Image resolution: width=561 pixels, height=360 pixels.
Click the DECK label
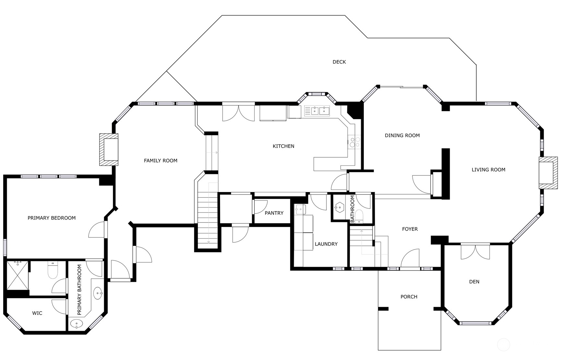tap(339, 62)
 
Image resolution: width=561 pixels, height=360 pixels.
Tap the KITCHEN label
tap(283, 146)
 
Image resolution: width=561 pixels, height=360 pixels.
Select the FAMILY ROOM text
tap(161, 161)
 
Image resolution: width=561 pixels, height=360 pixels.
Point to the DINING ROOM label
tap(402, 136)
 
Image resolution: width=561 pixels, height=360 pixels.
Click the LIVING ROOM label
tap(488, 170)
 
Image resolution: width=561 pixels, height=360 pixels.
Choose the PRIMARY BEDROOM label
tap(52, 218)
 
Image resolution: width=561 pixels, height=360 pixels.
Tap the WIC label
tap(37, 313)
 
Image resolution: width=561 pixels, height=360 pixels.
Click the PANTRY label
tap(274, 213)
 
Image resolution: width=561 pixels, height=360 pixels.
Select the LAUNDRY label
tap(326, 244)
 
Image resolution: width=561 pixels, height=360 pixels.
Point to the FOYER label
tap(410, 229)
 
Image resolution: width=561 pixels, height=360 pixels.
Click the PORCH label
tap(409, 297)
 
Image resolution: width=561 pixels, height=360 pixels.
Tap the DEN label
tap(474, 282)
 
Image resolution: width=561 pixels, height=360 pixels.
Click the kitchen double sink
tap(319, 111)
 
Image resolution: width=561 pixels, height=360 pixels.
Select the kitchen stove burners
tap(354, 142)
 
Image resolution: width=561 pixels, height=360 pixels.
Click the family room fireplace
tap(109, 150)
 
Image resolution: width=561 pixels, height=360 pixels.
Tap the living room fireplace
tap(548, 173)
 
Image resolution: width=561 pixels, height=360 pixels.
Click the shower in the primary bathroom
tap(18, 275)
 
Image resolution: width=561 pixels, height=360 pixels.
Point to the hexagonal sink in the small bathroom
tap(339, 207)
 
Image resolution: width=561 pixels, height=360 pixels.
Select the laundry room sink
tap(300, 210)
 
